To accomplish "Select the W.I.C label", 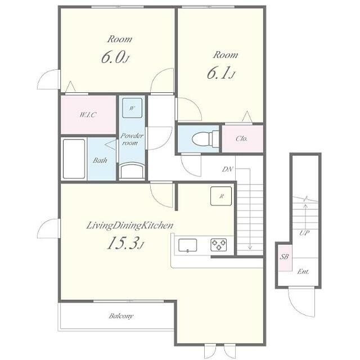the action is click(x=88, y=114).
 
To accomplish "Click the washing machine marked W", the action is click(x=132, y=108).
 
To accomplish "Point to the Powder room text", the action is click(x=132, y=139).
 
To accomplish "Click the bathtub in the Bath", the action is click(x=74, y=159).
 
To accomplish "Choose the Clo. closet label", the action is click(x=241, y=138).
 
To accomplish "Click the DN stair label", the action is click(x=227, y=169).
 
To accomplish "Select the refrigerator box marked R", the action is click(x=221, y=196).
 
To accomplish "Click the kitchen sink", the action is click(x=187, y=245).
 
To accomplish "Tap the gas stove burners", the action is click(x=219, y=245).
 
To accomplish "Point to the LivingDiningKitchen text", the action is click(x=130, y=226).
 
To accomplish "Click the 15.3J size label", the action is click(x=125, y=243).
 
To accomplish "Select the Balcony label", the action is click(x=121, y=316).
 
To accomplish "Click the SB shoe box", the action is click(x=285, y=258).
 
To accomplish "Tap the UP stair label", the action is click(x=304, y=233).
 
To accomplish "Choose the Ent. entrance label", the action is click(x=303, y=272).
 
